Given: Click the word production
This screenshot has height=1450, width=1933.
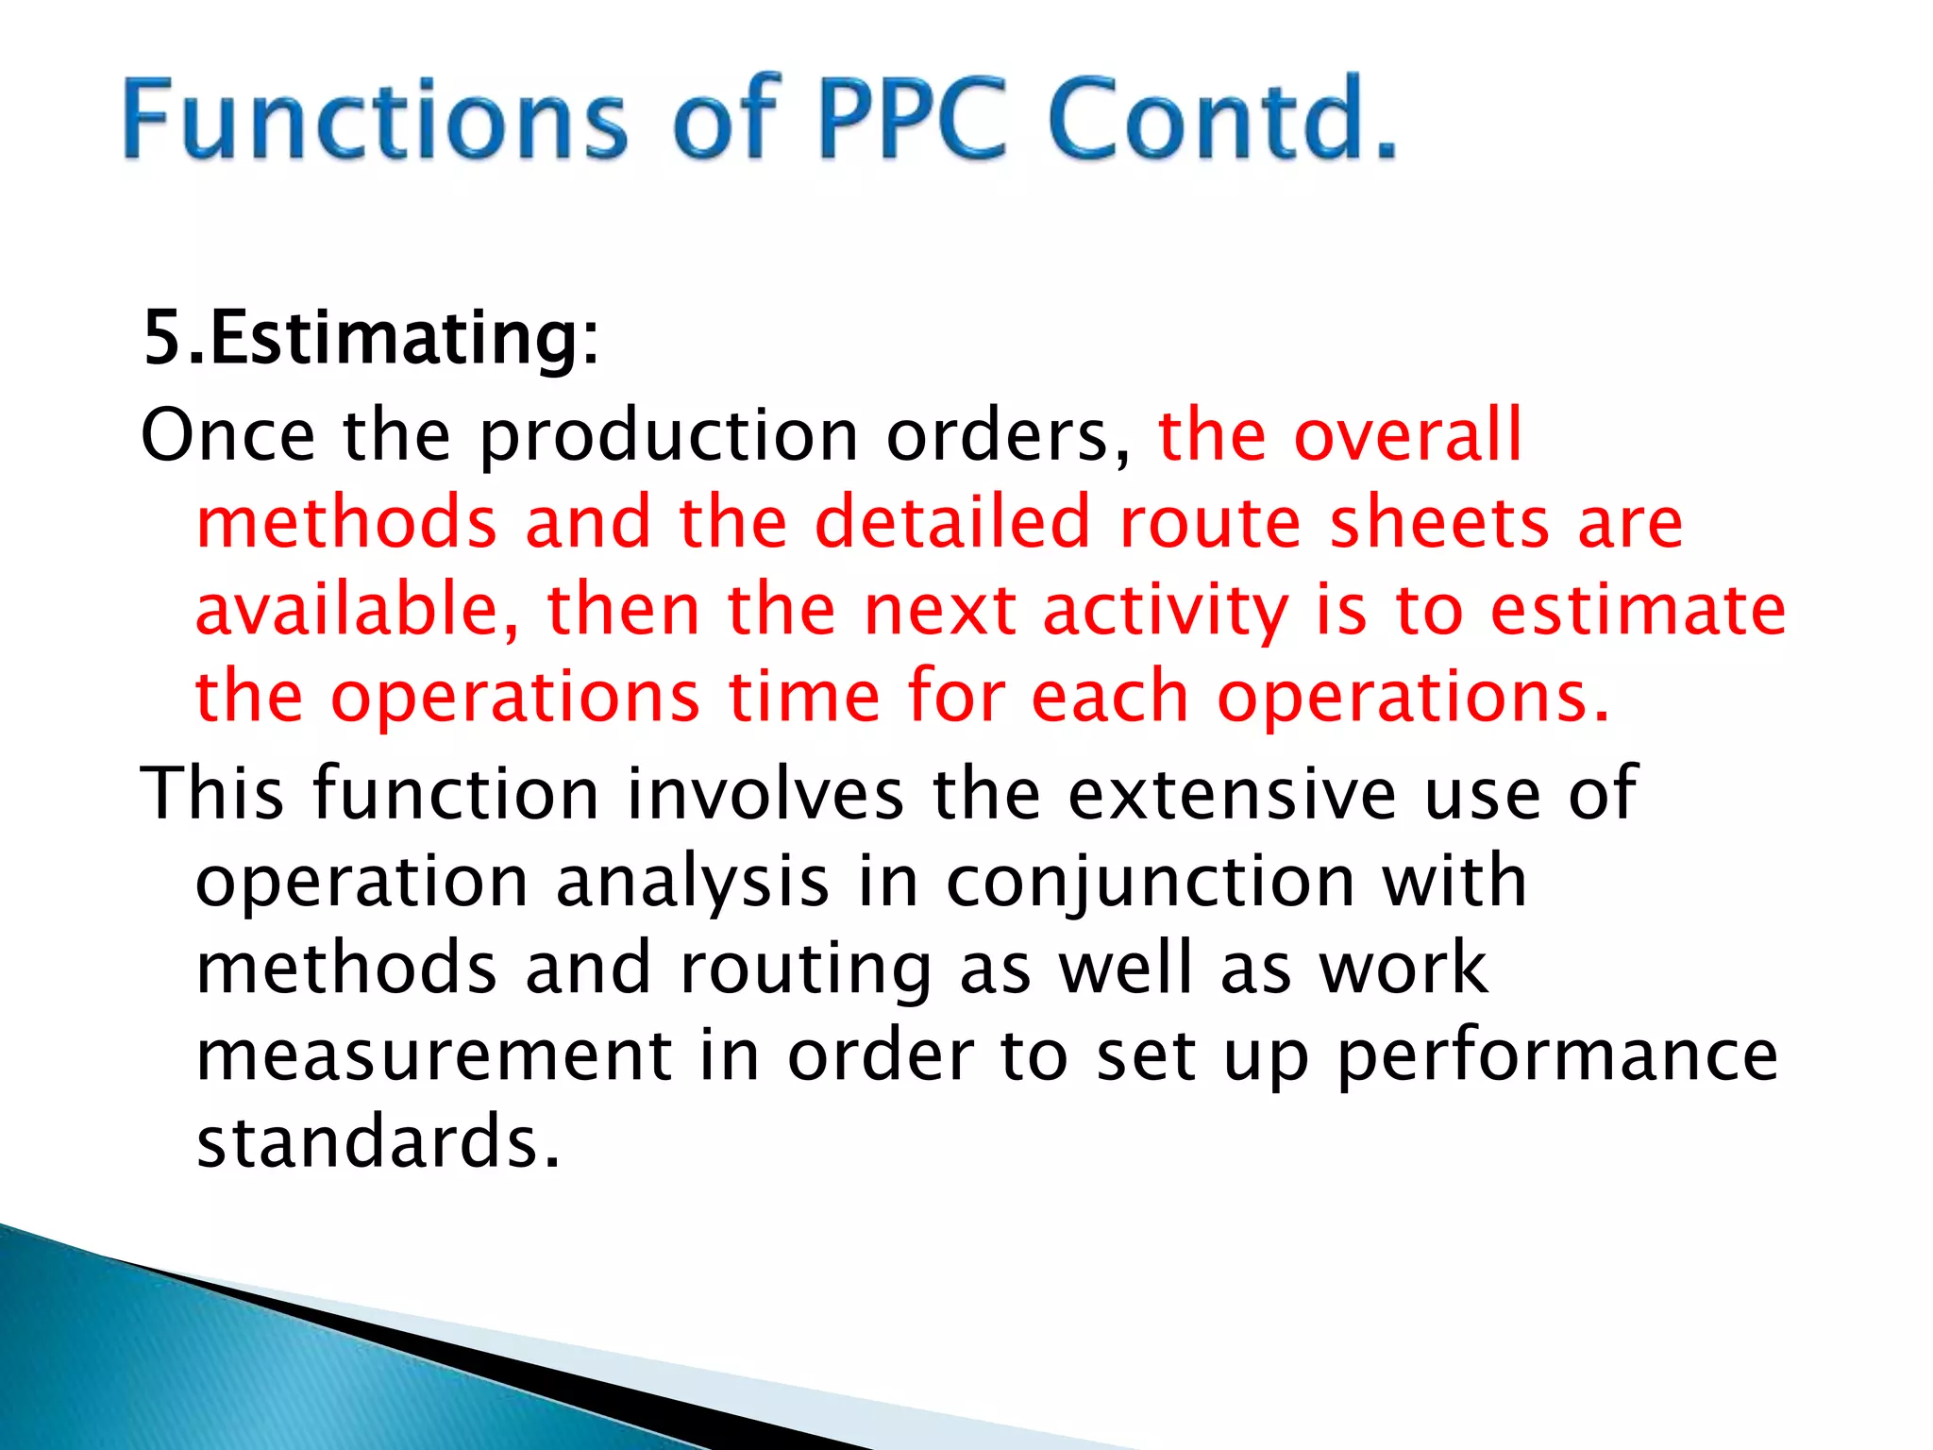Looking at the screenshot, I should point(668,437).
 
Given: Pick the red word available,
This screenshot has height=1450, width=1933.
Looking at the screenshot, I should point(357,610).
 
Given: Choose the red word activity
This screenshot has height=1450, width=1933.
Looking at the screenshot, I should point(1165,612).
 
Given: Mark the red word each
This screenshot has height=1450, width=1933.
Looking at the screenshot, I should point(1110,697).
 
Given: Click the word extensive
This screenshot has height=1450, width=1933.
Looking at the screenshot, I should point(1232,793).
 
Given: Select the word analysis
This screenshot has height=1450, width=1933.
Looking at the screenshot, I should point(693,883).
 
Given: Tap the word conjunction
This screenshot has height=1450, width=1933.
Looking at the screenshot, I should point(1151,883).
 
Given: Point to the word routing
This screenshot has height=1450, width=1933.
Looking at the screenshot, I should point(805,969).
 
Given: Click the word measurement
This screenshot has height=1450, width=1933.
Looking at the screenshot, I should point(434,1055).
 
